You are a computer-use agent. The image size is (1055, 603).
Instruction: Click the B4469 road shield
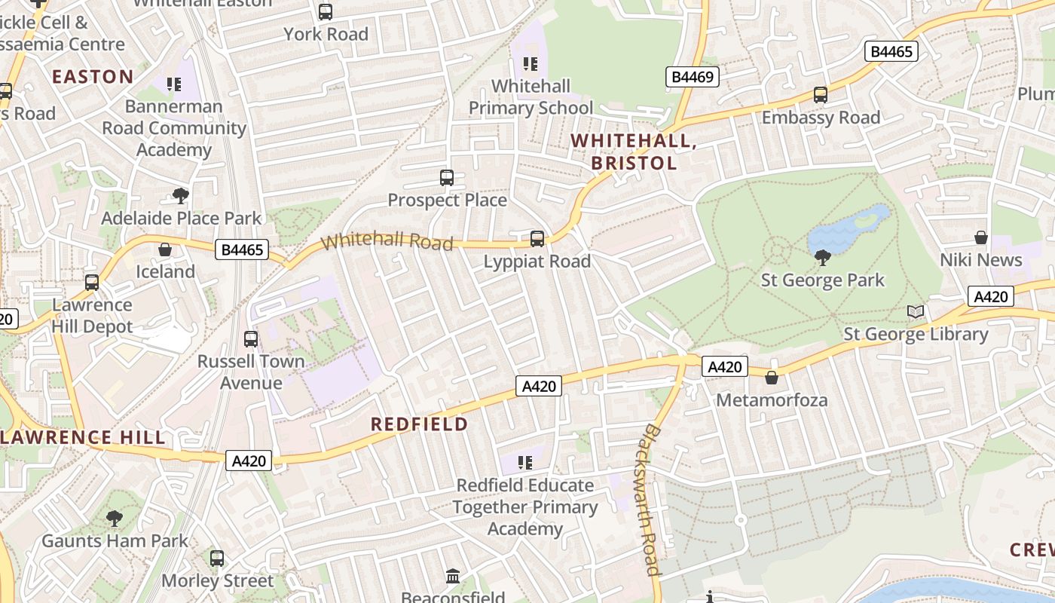[693, 76]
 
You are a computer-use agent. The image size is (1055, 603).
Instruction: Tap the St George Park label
[823, 280]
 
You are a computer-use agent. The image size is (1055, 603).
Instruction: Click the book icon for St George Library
[916, 311]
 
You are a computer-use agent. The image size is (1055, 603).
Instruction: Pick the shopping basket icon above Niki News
[981, 238]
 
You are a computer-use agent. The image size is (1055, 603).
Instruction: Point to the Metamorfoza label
[772, 399]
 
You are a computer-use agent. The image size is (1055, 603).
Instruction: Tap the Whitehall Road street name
[387, 241]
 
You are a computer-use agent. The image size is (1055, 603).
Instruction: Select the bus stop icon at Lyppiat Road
[537, 239]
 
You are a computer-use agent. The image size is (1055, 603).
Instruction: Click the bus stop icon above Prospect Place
[447, 178]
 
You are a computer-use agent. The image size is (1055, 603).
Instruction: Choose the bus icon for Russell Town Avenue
[251, 339]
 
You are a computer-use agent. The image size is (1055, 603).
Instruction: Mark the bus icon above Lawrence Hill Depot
[92, 283]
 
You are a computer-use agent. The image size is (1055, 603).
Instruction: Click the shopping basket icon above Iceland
[165, 249]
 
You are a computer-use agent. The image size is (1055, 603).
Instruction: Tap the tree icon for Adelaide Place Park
[181, 196]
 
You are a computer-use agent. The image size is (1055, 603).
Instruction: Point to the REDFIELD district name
[420, 424]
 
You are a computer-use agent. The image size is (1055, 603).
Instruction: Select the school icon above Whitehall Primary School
[531, 64]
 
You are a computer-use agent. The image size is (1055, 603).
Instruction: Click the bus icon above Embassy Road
[821, 96]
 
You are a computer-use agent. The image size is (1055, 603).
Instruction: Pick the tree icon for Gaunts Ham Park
[115, 519]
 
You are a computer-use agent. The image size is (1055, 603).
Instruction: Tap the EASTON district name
[93, 76]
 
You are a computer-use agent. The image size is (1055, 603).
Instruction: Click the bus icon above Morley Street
[217, 559]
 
